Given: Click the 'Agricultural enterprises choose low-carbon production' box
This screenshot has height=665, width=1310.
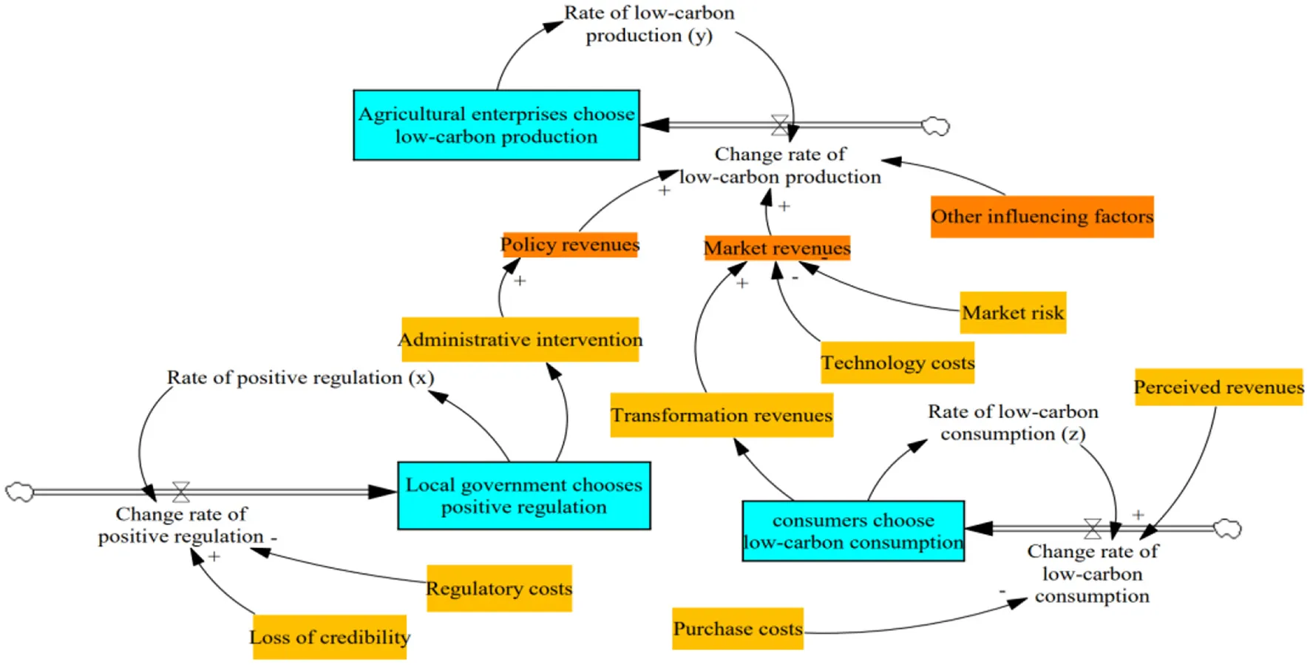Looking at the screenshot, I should (496, 125).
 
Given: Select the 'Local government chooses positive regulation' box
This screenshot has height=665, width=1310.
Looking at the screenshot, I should (523, 496).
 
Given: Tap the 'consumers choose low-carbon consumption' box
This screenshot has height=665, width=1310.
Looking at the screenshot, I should (852, 531).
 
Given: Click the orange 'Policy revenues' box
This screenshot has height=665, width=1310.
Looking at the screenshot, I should (569, 245).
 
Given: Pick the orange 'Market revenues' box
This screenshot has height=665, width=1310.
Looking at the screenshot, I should (777, 248).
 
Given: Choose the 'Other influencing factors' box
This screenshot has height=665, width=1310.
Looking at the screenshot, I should (1042, 217).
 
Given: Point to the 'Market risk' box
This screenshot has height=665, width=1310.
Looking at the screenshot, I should (1013, 313).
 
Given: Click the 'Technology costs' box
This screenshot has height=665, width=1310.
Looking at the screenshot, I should (897, 362).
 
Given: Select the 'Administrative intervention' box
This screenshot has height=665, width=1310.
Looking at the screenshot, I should (520, 340).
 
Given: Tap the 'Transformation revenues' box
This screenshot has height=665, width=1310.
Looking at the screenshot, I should (722, 415).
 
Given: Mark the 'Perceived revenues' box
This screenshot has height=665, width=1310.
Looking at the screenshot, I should (1218, 387).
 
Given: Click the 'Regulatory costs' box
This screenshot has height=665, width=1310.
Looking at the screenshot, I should (499, 589).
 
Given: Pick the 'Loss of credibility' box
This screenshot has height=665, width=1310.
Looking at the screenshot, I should (330, 637).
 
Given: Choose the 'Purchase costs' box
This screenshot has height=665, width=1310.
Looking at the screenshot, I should (737, 629).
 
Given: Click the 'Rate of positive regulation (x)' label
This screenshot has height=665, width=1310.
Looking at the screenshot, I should (300, 378).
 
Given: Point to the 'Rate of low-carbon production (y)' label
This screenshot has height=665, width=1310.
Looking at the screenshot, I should (649, 24).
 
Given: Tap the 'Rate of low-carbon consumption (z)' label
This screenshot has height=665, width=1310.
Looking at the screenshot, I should (1013, 422).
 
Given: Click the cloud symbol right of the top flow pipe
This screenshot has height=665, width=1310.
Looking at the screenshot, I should (936, 126).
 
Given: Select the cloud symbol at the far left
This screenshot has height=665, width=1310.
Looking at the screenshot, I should (19, 492).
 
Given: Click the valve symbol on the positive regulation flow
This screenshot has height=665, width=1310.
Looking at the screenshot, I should (181, 492).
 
